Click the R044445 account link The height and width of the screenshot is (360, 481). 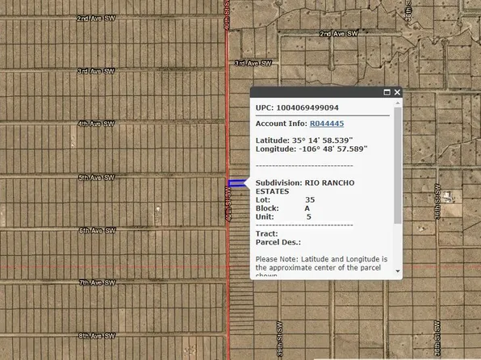(x=326, y=123)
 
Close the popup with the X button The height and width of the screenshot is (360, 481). (x=397, y=93)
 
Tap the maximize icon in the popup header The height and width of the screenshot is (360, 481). (x=387, y=93)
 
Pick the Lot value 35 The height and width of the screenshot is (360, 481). (x=310, y=199)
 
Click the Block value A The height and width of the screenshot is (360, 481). (x=307, y=207)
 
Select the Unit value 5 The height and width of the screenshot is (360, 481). (x=308, y=216)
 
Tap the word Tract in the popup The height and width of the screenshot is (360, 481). (x=266, y=233)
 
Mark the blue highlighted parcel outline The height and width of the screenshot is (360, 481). (x=237, y=185)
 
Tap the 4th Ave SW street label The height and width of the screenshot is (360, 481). (x=96, y=123)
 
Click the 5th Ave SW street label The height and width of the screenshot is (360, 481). (x=96, y=177)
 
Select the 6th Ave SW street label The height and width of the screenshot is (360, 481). (x=96, y=230)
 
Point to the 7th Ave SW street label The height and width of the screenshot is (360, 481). (x=96, y=283)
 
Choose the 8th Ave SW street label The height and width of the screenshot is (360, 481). (x=96, y=335)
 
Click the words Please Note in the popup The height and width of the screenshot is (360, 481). (x=276, y=258)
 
